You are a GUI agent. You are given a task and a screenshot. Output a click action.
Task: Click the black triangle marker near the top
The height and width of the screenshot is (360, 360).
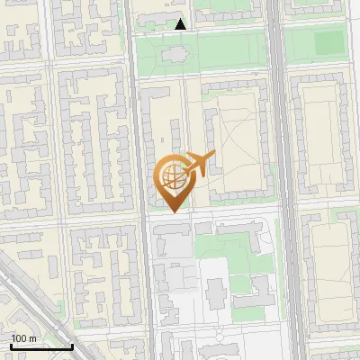point(180,24)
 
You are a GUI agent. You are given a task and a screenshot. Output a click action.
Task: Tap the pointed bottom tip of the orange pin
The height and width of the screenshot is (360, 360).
point(172,211)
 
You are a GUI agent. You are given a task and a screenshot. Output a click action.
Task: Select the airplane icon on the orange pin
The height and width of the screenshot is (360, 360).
point(199,164)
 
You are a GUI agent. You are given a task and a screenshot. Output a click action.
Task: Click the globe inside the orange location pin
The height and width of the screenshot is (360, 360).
point(172,175)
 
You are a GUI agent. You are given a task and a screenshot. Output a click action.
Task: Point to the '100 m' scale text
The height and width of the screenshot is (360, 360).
point(24,338)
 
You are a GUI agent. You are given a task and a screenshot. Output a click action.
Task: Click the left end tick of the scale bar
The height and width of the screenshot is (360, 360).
point(11,346)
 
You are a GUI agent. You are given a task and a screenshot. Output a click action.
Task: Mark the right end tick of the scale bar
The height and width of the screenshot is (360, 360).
point(72,346)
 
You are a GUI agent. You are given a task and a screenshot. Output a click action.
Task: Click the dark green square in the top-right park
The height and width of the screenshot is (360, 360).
point(330,41)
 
